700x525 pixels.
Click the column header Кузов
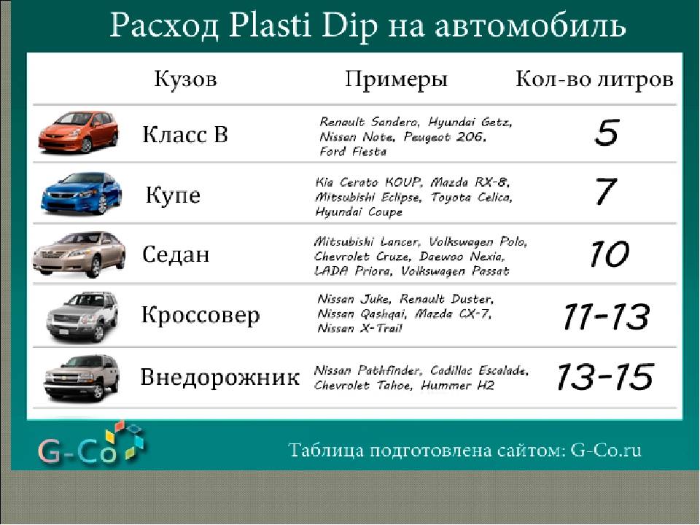(x=185, y=79)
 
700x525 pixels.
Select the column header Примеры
(x=396, y=80)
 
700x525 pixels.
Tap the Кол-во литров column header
(x=594, y=79)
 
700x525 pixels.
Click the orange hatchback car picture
(x=79, y=132)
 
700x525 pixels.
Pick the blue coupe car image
(x=81, y=193)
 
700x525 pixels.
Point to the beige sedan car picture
(x=79, y=254)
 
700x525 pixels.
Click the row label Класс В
(x=184, y=134)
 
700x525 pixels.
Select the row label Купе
(x=173, y=195)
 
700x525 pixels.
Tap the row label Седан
(x=176, y=254)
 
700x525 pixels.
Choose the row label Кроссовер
(x=201, y=315)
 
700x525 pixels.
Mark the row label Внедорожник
(x=219, y=377)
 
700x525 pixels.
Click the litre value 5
(x=607, y=133)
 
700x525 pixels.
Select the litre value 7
(x=606, y=192)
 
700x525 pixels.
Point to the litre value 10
(x=608, y=254)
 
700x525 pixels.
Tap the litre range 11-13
(x=606, y=316)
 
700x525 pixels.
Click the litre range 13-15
(x=604, y=376)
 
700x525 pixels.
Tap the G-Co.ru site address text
(x=606, y=450)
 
